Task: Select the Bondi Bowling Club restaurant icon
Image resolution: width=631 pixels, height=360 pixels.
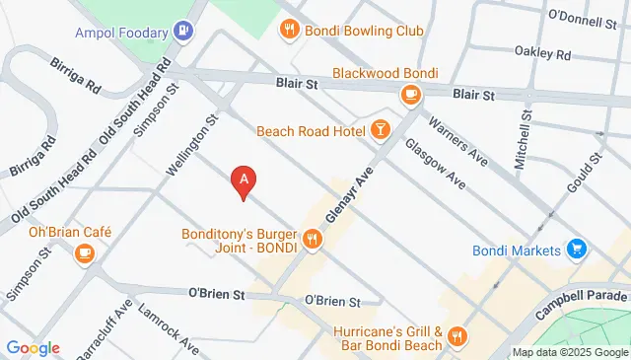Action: [289, 31]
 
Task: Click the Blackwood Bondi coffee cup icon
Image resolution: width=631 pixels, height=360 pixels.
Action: [410, 94]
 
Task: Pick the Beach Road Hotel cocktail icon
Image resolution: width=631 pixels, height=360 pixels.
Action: [380, 130]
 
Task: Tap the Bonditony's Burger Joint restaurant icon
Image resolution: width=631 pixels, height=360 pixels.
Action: [313, 238]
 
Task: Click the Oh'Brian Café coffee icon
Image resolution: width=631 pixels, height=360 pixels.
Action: [85, 253]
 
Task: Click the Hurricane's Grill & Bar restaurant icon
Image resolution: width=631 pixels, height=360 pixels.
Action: [456, 337]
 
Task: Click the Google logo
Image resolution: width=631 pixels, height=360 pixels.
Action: [33, 347]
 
